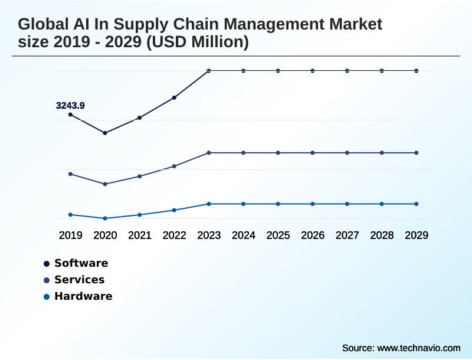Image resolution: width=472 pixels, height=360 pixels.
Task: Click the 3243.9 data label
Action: [x=70, y=106]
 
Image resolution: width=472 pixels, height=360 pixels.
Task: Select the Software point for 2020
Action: [x=105, y=133]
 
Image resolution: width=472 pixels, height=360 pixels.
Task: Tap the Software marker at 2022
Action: [x=174, y=97]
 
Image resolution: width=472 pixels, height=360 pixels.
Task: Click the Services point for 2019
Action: [x=70, y=174]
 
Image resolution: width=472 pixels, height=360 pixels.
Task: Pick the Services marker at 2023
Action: [x=209, y=153]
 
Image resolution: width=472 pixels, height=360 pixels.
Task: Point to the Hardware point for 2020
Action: [x=105, y=218]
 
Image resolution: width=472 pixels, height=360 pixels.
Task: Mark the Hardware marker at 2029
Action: [x=417, y=204]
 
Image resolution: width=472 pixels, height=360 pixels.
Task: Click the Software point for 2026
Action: [x=313, y=71]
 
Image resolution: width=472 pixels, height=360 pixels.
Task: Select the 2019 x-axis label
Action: [x=70, y=235]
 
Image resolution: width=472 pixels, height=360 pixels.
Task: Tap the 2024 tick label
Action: [x=243, y=235]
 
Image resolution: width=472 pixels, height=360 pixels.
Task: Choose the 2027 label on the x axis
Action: [x=347, y=235]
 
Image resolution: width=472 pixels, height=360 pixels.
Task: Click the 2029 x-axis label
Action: [x=417, y=235]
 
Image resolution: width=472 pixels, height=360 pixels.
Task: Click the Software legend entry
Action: [x=81, y=263]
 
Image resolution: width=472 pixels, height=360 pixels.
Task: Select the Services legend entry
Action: [x=79, y=280]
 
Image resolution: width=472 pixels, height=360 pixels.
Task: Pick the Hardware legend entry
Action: [x=83, y=296]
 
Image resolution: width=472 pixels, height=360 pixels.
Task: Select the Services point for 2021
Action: [x=140, y=176]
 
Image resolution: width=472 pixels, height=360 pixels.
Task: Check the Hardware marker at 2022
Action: [x=174, y=210]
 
